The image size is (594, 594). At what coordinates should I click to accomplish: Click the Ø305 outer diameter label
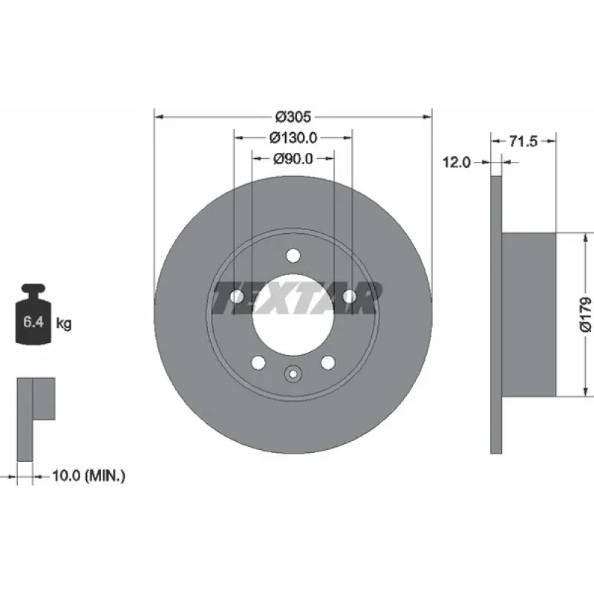[293, 117]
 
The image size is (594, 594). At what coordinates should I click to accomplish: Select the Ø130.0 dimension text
[293, 138]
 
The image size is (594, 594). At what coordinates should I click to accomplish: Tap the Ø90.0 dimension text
[293, 159]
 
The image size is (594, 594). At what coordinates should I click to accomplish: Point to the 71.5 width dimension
[523, 141]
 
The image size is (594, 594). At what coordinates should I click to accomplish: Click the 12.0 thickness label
[457, 163]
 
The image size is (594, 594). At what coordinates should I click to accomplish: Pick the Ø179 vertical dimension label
[586, 314]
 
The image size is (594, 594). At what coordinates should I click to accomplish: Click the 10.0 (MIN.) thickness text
[88, 475]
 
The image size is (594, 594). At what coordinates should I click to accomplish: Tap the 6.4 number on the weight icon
[33, 322]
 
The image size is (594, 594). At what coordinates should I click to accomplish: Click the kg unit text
[64, 324]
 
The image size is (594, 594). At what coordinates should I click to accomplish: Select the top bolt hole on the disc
[293, 255]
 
